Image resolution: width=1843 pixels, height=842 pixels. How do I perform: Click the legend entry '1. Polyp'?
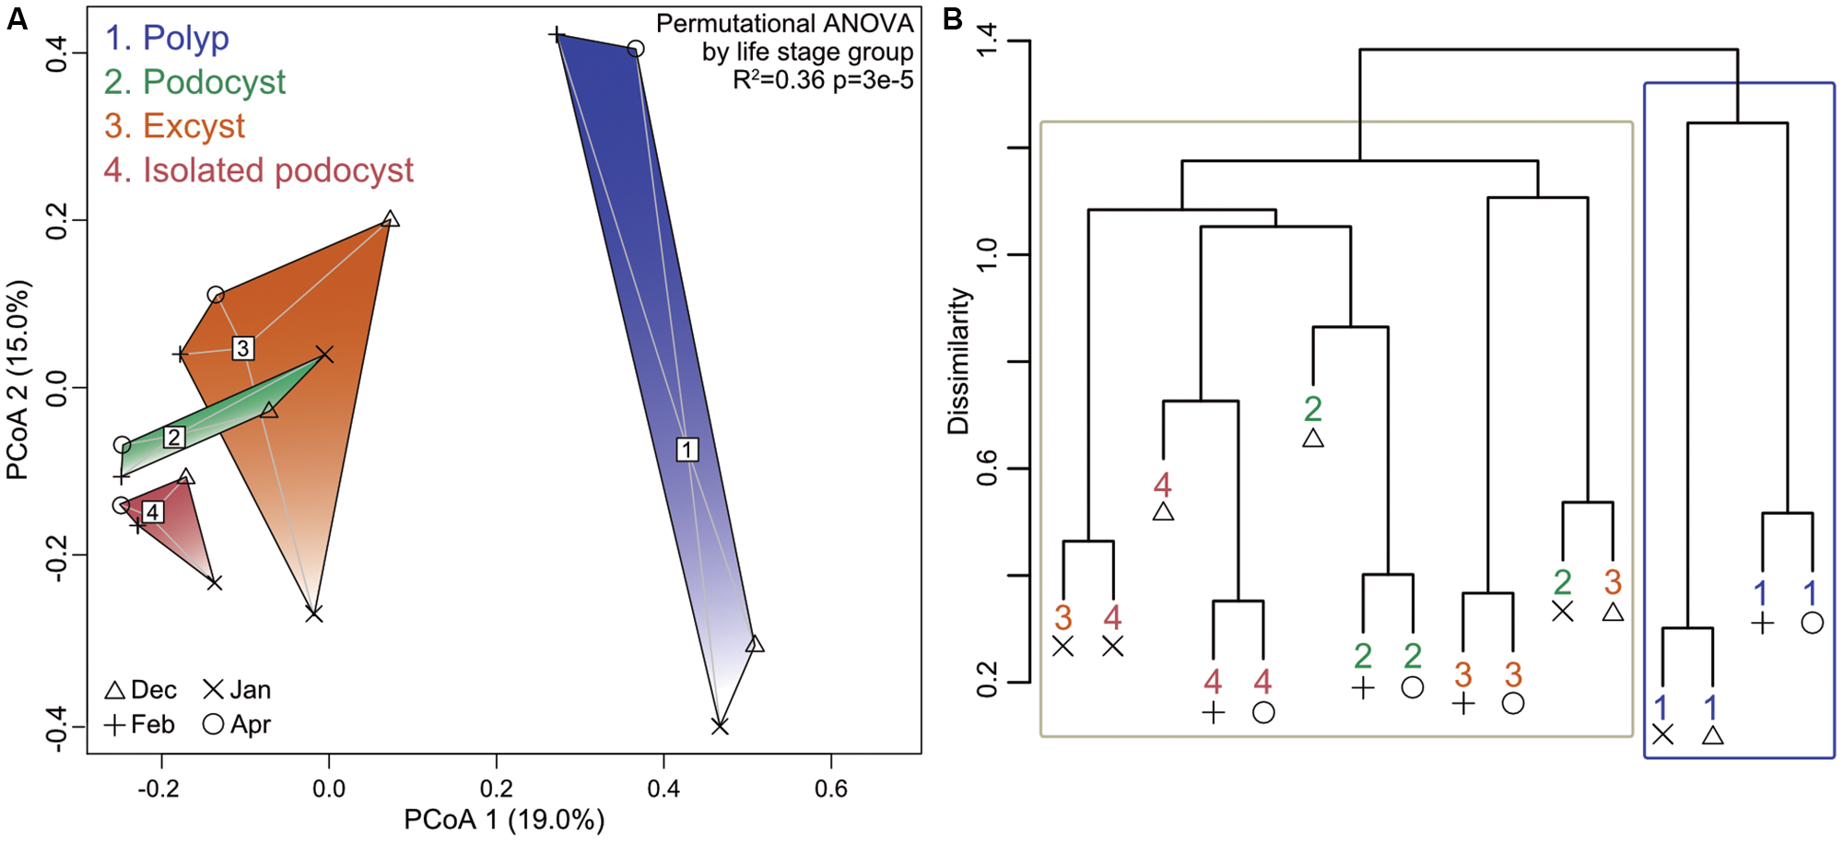[x=167, y=38]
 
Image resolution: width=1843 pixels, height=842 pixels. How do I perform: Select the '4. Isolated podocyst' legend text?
[x=259, y=170]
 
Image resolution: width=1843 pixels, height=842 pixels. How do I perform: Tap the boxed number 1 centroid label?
[x=687, y=450]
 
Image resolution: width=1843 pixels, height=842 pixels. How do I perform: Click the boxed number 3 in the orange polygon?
[x=242, y=348]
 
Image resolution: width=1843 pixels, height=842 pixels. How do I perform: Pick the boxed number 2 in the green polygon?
[x=174, y=437]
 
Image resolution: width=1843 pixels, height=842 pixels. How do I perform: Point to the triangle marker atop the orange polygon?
[x=391, y=219]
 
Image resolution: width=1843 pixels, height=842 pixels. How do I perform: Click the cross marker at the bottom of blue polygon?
[x=720, y=727]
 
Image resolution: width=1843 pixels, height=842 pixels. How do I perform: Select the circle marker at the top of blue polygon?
[x=635, y=49]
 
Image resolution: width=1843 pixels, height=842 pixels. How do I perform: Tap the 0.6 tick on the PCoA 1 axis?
[x=830, y=789]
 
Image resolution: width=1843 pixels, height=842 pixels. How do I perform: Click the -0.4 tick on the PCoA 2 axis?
[x=57, y=727]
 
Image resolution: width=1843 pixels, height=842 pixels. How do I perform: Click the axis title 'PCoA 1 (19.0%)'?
[x=504, y=819]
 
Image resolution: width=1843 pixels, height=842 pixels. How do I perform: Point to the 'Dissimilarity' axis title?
[x=958, y=361]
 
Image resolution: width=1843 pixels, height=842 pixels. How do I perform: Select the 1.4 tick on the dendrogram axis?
[x=988, y=41]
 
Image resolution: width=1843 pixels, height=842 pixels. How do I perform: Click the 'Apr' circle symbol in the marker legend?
[x=213, y=724]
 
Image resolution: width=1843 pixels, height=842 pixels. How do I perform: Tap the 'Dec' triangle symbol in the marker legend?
[x=115, y=690]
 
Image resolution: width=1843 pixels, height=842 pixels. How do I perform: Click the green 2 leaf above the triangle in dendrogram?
[x=1313, y=408]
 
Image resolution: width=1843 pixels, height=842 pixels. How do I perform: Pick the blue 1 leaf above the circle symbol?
[x=1811, y=592]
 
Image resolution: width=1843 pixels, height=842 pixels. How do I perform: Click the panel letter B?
[x=953, y=18]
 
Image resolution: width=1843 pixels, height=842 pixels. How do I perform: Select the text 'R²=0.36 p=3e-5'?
[x=823, y=80]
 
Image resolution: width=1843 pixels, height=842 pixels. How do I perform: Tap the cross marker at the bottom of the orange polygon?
[x=314, y=614]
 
